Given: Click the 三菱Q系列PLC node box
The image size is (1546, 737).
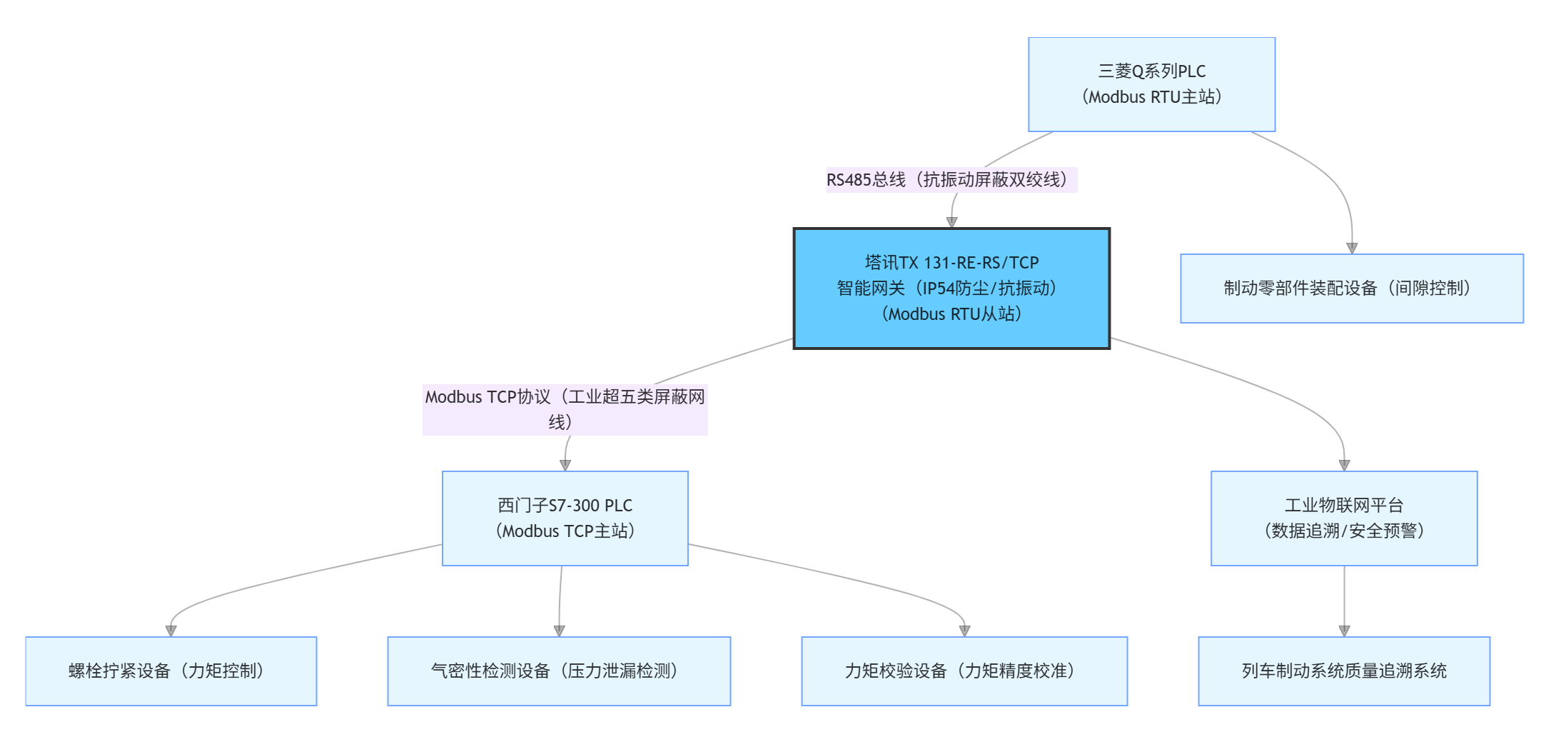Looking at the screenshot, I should pyautogui.click(x=1151, y=84).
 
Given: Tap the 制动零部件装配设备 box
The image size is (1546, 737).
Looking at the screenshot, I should pyautogui.click(x=1351, y=289).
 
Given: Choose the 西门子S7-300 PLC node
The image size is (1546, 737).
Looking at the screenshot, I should pyautogui.click(x=565, y=518).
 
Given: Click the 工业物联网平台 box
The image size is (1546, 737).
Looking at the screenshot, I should pyautogui.click(x=1343, y=518).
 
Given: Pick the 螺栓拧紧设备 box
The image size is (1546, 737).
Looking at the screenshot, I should pyautogui.click(x=171, y=671).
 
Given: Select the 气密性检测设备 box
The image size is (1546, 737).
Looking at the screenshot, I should pyautogui.click(x=559, y=671).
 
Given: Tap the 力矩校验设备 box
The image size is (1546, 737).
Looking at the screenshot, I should pyautogui.click(x=964, y=671).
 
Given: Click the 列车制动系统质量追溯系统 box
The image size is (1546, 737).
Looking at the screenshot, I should pyautogui.click(x=1343, y=671).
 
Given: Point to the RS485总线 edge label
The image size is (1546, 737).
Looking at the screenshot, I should pyautogui.click(x=951, y=180).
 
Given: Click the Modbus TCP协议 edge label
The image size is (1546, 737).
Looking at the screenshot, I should pyautogui.click(x=565, y=409).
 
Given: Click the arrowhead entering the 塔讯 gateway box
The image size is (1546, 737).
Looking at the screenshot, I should pyautogui.click(x=951, y=222).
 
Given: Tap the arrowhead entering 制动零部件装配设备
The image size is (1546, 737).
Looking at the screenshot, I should pyautogui.click(x=1351, y=248).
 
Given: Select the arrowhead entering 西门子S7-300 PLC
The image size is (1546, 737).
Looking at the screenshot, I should pyautogui.click(x=565, y=465).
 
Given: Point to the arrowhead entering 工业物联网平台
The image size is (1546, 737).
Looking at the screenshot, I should pyautogui.click(x=1344, y=465).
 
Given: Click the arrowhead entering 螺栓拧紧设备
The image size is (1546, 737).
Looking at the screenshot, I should pyautogui.click(x=171, y=631).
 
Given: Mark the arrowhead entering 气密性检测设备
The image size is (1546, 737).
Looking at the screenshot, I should pyautogui.click(x=559, y=631).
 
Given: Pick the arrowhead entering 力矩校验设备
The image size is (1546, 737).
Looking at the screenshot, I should pyautogui.click(x=964, y=631).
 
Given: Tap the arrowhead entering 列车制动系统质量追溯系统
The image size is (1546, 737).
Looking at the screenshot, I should pyautogui.click(x=1344, y=631).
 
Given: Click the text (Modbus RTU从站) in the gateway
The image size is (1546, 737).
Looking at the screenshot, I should pyautogui.click(x=951, y=314).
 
